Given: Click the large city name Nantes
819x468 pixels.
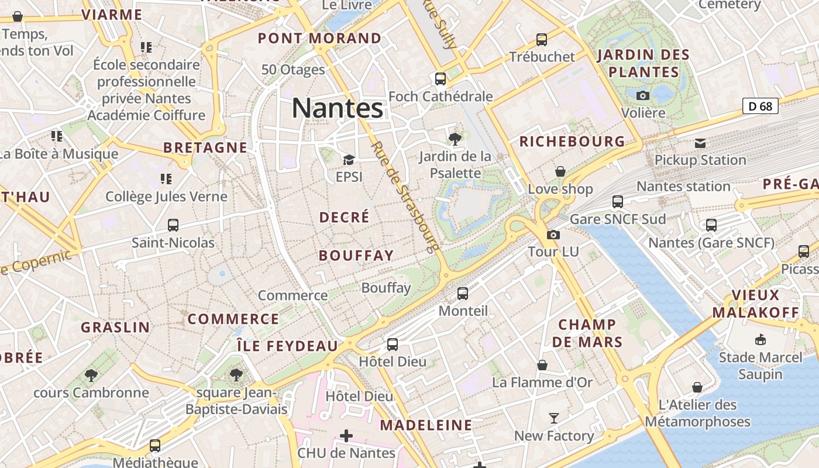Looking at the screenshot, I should [338, 108].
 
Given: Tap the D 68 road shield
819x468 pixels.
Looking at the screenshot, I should [760, 106].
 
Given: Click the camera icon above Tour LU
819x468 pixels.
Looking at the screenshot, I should [553, 235].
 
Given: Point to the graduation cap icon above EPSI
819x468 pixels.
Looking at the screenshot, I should [349, 160].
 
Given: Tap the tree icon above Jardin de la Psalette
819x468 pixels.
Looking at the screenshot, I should [455, 139].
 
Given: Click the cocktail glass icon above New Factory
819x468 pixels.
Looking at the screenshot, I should [553, 418].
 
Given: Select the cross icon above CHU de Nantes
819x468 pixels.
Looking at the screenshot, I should [346, 436].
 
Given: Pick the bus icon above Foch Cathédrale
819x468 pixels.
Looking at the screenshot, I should [441, 78].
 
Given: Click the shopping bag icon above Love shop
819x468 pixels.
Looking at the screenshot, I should [560, 171].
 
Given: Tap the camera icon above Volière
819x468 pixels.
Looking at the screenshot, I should [643, 95].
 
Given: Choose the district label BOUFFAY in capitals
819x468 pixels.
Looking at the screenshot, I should [356, 256].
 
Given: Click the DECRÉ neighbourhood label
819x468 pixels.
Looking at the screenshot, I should [345, 218].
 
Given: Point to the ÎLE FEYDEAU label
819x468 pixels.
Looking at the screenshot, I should [287, 346].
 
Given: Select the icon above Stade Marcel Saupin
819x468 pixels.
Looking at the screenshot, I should [760, 340].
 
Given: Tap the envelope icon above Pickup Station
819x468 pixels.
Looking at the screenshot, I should [700, 143].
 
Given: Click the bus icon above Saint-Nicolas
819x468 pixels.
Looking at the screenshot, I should [173, 225].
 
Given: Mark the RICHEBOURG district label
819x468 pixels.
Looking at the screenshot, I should [572, 142].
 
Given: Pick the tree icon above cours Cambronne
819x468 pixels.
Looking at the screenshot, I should [91, 375].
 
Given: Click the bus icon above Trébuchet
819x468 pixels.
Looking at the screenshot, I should [542, 40].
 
